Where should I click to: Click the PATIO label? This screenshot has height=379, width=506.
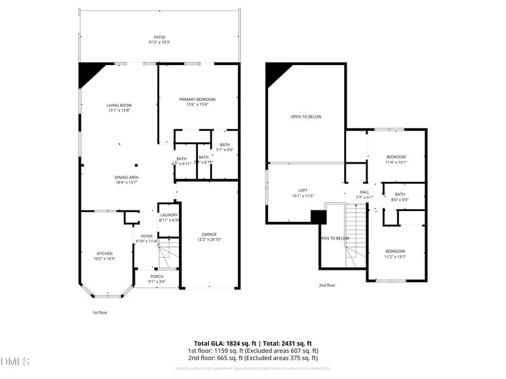159,37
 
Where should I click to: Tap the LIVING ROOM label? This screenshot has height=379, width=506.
118,105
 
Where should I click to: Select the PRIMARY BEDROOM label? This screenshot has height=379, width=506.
197,99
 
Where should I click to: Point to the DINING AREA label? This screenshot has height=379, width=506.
126,177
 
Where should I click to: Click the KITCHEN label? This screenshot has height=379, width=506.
104,253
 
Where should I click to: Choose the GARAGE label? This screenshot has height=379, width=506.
209,234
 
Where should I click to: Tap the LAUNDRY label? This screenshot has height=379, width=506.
169,215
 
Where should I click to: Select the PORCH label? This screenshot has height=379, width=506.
156,277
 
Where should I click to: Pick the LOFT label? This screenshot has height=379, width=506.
302,190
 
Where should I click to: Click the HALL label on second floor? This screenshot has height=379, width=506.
364,192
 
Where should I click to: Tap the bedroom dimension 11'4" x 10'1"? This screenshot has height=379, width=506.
396,162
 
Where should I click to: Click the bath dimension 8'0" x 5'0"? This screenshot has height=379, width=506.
400,200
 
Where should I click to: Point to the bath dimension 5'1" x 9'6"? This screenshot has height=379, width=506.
225,150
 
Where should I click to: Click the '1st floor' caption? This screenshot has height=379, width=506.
100,312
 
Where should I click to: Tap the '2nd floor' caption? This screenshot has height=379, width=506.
327,285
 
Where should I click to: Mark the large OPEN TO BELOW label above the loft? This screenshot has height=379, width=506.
306,117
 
